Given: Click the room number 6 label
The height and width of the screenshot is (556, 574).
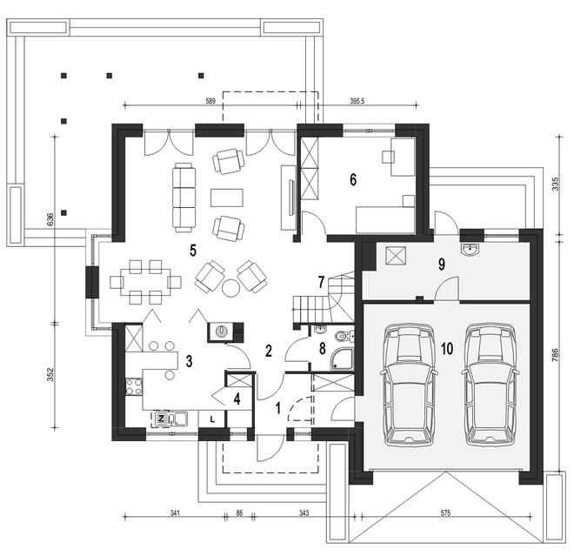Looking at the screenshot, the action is coord(353,179).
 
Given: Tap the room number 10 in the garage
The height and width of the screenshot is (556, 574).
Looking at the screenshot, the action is coord(447,349).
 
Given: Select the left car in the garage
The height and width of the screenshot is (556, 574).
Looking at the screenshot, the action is coord(409,385).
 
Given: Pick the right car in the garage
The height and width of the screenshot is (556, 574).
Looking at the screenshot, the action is coord(491,385).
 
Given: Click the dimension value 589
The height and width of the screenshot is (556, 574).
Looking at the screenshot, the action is coord(210,102).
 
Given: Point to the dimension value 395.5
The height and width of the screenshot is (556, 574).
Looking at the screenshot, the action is coord(357,102).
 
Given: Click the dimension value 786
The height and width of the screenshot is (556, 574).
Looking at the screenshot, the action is coord(556,354).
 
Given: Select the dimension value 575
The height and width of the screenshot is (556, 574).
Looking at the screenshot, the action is coord(445,513).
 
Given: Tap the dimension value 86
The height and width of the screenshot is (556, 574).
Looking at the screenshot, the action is coord(239,513).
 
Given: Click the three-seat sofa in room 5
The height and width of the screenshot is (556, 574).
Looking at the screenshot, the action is coord(184,198).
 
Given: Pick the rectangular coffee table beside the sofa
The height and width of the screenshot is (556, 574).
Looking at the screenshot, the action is coord(227,198).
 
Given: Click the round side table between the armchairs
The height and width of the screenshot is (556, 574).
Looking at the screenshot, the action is coord(231,287).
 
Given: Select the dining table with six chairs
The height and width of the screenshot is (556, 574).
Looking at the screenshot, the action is coord(146,283).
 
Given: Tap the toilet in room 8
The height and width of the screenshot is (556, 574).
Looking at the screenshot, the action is coord(344,336).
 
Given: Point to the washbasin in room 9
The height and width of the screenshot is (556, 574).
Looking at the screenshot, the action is coord(470,250).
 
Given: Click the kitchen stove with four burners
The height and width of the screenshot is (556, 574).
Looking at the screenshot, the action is coord(134,387).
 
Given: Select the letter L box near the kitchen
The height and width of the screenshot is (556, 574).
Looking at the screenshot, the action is coord(212,419).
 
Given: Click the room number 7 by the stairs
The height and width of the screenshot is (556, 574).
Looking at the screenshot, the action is coord(321,282).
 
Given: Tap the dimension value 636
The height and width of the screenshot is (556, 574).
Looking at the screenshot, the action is coord(50,219).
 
